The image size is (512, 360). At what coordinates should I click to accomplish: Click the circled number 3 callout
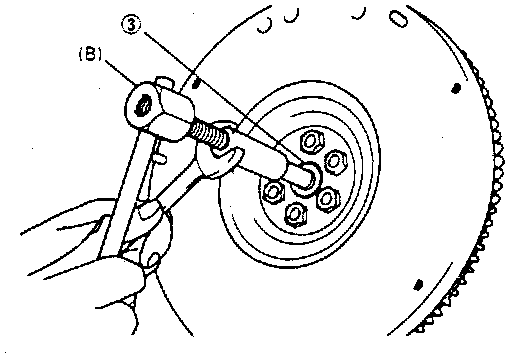[x=130, y=25]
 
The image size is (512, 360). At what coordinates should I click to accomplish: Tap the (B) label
[x=90, y=55]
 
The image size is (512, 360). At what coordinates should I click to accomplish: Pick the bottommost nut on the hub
[x=296, y=213]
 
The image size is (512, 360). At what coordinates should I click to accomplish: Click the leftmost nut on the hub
[x=274, y=191]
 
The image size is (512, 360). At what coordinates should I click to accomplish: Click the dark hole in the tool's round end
[x=144, y=107]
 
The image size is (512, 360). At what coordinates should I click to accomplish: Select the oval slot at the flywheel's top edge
[x=398, y=18]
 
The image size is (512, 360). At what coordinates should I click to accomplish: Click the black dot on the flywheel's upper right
[x=456, y=88]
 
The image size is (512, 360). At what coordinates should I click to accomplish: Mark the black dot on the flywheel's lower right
[x=418, y=285]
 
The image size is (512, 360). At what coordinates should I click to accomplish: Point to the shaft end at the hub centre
[x=307, y=179]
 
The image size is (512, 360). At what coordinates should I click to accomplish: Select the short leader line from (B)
[x=120, y=72]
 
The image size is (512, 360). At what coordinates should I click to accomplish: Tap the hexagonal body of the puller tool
[x=173, y=115]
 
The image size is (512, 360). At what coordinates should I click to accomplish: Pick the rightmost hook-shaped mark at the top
[x=358, y=13]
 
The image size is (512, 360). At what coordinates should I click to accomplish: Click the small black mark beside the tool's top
[x=196, y=83]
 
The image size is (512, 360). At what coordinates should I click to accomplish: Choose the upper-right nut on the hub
[x=335, y=161]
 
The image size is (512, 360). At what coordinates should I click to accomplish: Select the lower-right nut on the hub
[x=327, y=199]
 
